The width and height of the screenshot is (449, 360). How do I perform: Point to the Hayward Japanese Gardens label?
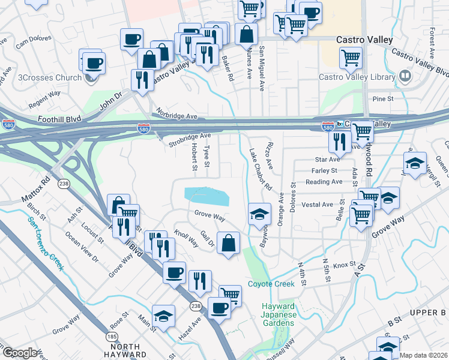click(x=277, y=314)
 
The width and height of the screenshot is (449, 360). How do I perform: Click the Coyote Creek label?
click(x=271, y=284)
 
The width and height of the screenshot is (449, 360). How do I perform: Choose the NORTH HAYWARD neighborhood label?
click(x=126, y=350)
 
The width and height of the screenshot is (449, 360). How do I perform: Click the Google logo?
click(x=19, y=353)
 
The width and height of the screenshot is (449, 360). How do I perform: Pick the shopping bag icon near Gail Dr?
click(x=229, y=243)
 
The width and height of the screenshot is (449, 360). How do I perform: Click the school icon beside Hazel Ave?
click(x=163, y=316)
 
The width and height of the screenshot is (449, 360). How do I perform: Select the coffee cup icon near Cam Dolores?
click(x=131, y=40)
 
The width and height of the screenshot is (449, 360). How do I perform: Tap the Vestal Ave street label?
click(x=318, y=205)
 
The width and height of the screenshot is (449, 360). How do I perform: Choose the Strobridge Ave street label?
click(x=189, y=136)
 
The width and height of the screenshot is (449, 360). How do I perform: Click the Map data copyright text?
click(x=424, y=355)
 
